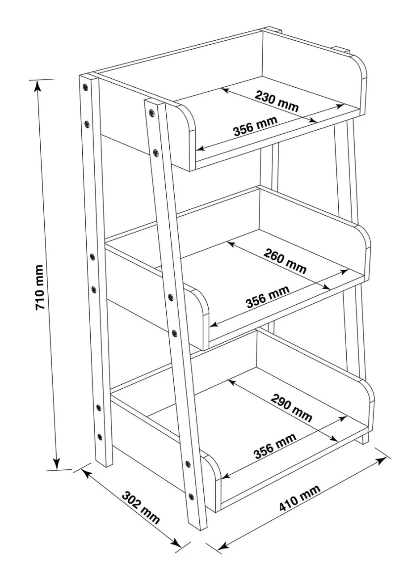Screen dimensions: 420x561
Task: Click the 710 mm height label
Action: tap(40, 287)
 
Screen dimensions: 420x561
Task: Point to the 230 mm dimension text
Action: tap(277, 101)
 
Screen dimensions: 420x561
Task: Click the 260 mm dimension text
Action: tap(285, 261)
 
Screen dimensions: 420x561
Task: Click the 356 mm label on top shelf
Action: tap(256, 126)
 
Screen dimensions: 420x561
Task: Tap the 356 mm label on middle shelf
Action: tap(268, 297)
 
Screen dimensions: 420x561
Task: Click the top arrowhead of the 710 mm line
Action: tap(38, 85)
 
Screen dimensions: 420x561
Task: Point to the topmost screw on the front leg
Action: tap(152, 112)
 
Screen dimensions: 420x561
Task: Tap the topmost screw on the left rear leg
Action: tap(85, 87)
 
